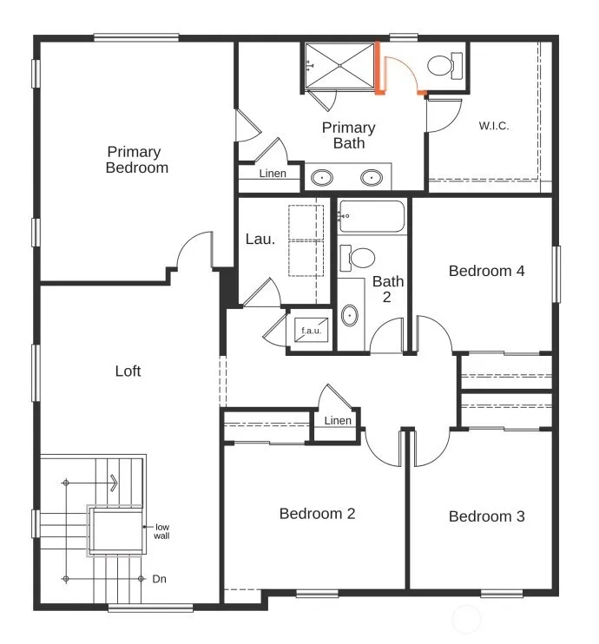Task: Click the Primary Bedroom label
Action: click(137, 160)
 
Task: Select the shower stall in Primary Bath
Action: click(339, 66)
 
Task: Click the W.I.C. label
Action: click(494, 126)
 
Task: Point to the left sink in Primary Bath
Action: click(322, 178)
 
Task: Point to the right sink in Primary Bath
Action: click(372, 178)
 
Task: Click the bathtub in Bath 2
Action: click(372, 216)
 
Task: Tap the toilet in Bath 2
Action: click(357, 258)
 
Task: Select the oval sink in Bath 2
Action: click(350, 316)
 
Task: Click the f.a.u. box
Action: click(311, 330)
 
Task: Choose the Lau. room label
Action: click(260, 239)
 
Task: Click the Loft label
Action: click(128, 371)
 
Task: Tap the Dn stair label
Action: click(159, 579)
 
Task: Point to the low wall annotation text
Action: click(161, 531)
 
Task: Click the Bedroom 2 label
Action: click(317, 514)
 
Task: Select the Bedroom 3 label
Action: click(487, 516)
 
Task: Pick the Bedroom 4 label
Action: click(486, 271)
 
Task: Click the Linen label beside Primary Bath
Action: click(273, 174)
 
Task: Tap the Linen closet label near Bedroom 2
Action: click(338, 421)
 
